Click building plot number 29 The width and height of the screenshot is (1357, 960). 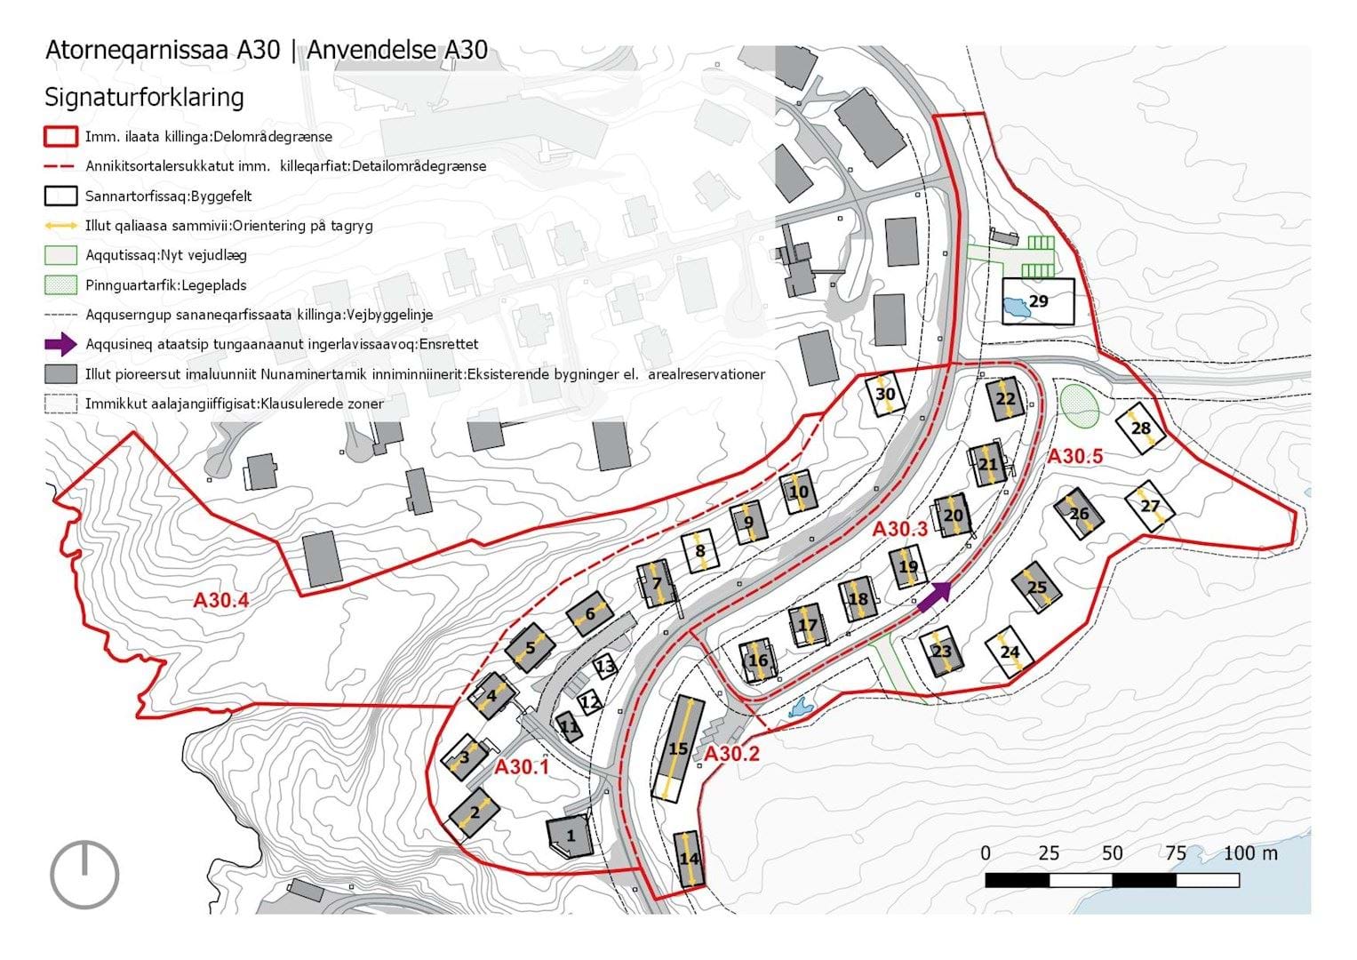click(x=1038, y=301)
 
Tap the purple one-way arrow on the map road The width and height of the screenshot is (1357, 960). click(x=934, y=597)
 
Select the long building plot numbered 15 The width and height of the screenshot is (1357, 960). click(x=679, y=749)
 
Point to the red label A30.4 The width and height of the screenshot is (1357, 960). click(x=221, y=601)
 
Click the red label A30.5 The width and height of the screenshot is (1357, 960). click(x=1075, y=456)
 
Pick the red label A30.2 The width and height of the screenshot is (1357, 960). click(x=731, y=754)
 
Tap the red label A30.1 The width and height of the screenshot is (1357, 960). click(x=522, y=767)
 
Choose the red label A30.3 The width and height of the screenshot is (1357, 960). click(x=899, y=529)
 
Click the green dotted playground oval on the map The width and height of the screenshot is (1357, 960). click(x=1080, y=406)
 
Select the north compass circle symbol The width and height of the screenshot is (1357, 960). click(x=84, y=875)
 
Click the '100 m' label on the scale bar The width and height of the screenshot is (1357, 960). click(x=1250, y=853)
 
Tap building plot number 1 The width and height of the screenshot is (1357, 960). click(x=570, y=836)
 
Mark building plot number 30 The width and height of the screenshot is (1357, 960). click(x=885, y=394)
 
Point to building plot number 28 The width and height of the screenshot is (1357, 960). click(x=1141, y=428)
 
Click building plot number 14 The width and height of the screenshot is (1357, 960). click(x=689, y=859)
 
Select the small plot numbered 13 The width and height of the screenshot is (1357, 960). click(x=604, y=667)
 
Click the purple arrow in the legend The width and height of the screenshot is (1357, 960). click(x=60, y=344)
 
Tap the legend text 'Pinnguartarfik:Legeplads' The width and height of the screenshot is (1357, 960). click(x=166, y=284)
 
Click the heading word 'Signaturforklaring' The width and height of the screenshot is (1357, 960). click(x=144, y=97)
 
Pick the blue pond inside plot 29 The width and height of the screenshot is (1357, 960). click(x=1017, y=307)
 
